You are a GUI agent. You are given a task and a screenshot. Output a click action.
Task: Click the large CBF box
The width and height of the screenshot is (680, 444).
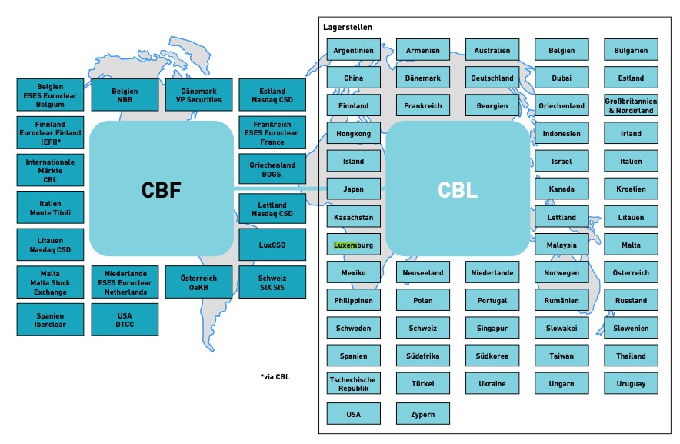(162, 189)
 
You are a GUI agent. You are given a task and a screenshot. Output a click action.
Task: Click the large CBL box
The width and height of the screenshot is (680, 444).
(458, 189)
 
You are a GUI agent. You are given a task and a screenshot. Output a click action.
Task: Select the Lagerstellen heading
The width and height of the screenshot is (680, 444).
(348, 28)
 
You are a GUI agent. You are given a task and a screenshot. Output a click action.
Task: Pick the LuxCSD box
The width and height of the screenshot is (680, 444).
(272, 245)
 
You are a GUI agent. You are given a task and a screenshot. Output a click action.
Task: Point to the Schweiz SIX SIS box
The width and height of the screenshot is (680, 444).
(272, 282)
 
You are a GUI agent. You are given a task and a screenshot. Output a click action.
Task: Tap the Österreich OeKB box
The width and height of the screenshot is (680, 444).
(198, 282)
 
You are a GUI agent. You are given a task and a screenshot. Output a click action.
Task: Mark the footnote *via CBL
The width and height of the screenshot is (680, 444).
(275, 377)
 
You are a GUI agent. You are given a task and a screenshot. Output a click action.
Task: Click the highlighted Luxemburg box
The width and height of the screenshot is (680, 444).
(353, 245)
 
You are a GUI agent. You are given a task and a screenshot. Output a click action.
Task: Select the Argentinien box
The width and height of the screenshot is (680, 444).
(353, 51)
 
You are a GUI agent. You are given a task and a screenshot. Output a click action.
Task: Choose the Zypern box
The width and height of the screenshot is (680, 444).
(422, 414)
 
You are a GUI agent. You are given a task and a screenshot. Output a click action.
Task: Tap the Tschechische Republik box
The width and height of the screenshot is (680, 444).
(353, 383)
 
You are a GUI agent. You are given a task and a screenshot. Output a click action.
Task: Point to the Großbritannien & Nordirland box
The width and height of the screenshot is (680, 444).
(631, 106)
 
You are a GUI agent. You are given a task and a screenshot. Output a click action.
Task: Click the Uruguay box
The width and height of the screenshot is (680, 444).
(631, 383)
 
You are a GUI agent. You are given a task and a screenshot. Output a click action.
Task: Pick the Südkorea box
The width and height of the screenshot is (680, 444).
(492, 356)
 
